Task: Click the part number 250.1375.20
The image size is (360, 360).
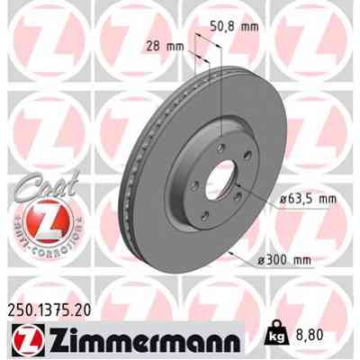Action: coord(53,308)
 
